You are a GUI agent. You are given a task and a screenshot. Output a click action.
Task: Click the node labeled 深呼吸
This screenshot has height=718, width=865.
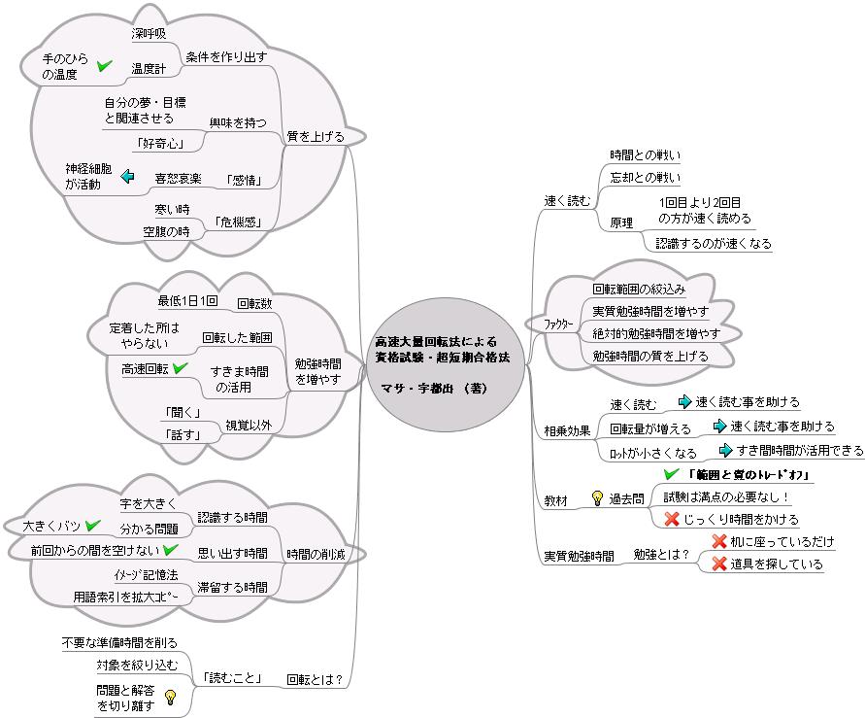point(149,33)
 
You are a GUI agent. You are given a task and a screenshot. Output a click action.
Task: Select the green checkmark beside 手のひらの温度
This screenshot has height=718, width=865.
point(105,66)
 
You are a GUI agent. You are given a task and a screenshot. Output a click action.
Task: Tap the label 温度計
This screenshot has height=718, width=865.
point(149,68)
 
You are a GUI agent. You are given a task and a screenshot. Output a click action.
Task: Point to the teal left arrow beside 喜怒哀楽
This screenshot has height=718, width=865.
point(127,177)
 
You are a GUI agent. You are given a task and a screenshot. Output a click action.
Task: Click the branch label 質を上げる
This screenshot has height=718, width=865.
point(315,137)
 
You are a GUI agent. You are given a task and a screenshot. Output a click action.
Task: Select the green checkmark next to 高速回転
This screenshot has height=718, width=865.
point(180,368)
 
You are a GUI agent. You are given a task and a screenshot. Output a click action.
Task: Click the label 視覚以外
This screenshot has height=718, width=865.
point(248,425)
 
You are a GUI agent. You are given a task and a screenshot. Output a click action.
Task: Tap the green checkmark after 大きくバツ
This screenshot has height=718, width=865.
point(93,526)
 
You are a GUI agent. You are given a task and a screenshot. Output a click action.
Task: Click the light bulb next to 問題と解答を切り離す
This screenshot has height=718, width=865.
point(171,697)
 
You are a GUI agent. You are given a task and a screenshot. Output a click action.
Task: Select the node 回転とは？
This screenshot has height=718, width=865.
point(315,679)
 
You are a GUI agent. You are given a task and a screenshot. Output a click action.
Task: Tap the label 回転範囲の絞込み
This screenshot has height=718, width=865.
point(639,289)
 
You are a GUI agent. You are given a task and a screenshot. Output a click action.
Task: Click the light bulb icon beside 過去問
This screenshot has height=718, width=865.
point(597,498)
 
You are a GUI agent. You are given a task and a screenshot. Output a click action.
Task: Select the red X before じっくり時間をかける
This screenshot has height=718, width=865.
point(671,519)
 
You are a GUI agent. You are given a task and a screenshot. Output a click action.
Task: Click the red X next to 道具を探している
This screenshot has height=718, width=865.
point(719,564)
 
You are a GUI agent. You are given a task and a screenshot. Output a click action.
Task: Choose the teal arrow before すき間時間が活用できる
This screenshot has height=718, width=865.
point(725,449)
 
